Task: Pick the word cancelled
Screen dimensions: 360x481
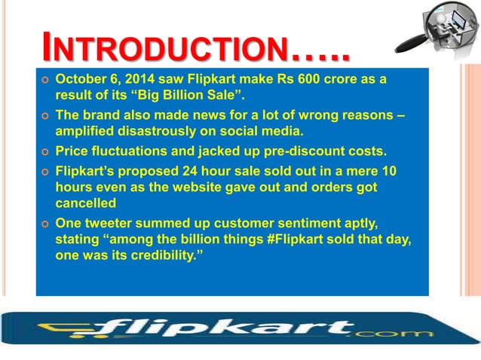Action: click(85, 203)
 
